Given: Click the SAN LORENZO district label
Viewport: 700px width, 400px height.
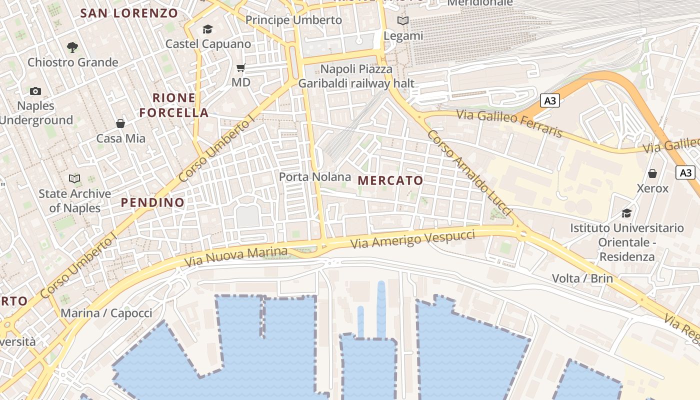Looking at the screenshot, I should point(129,13).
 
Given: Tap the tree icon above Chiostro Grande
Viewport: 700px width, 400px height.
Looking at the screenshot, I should point(72,47).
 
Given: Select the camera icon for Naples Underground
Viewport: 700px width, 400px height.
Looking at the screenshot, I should point(35,91).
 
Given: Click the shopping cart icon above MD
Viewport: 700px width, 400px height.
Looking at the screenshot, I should point(241,67).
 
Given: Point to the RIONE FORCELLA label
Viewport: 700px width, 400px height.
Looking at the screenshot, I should point(174,105).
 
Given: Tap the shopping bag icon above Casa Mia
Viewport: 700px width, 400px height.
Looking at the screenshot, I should point(120,123).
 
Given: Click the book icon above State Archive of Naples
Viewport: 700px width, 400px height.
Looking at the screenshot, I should point(74,178).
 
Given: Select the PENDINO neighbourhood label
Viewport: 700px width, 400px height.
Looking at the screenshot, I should point(153,202).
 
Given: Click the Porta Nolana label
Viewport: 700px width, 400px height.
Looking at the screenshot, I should point(315,177).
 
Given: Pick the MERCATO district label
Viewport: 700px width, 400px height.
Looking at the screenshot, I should point(390,180).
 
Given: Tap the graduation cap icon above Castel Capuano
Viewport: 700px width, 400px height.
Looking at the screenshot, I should point(207,29).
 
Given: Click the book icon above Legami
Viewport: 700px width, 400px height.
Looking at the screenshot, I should point(403,21).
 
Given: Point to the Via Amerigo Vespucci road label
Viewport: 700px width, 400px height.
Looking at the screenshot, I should point(412,239).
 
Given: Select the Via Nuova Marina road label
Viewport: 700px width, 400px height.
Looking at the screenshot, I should point(236,256).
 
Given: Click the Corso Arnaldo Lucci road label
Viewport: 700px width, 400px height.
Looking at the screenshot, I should point(469,173).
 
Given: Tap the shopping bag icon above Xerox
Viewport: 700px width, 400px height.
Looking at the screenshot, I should point(652,173).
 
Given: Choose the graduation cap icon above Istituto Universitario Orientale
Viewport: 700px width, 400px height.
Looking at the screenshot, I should point(626,213).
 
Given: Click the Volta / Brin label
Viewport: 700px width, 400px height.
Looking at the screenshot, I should point(582,278).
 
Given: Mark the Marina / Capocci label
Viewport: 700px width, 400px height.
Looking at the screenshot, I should point(106,313).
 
